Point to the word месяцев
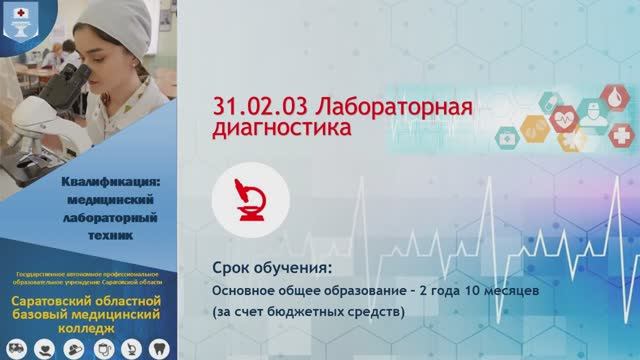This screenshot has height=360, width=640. coord(511,290)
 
